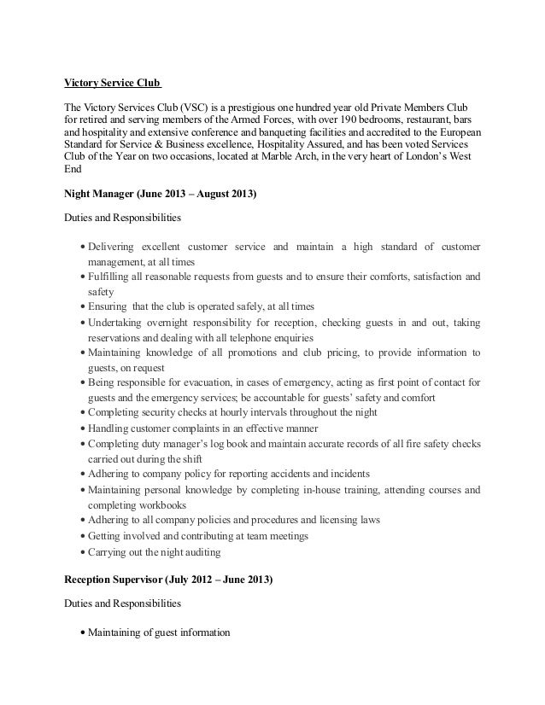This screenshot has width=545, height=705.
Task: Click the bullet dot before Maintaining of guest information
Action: tap(82, 633)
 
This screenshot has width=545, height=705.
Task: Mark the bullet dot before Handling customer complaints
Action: tap(82, 429)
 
